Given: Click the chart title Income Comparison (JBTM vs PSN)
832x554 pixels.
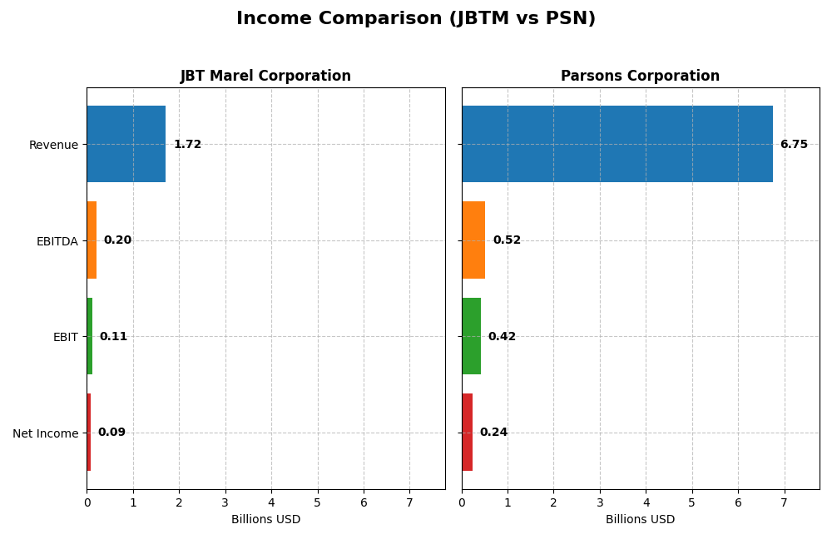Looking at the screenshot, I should [x=416, y=18].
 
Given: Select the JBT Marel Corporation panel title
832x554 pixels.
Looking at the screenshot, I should [x=265, y=76].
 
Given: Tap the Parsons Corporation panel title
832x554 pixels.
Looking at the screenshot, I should [x=640, y=76].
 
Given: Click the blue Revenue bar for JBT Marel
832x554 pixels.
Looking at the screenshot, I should [x=126, y=144].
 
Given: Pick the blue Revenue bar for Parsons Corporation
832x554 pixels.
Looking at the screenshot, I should [x=617, y=144].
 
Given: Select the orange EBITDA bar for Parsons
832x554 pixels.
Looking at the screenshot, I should [x=473, y=240].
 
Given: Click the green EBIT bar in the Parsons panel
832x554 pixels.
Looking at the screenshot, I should [x=471, y=336].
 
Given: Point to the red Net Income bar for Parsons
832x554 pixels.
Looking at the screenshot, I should [x=467, y=432].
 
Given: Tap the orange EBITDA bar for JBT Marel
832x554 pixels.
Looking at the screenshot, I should [x=92, y=240].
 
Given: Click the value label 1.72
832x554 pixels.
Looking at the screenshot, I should [x=187, y=145].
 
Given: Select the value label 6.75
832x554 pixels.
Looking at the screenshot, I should [x=794, y=145].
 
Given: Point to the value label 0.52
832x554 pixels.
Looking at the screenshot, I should [x=507, y=240].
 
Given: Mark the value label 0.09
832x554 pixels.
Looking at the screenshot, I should [x=111, y=433].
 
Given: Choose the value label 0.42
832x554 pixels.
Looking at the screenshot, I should [x=502, y=337].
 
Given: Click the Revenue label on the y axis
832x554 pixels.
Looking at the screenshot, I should [x=53, y=145].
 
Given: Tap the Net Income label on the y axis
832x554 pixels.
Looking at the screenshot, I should [x=45, y=433].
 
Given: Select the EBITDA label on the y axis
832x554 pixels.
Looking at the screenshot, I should [x=57, y=241].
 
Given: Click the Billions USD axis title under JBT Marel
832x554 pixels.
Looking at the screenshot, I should [x=265, y=520].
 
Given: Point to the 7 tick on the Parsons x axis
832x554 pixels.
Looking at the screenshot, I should [x=784, y=502].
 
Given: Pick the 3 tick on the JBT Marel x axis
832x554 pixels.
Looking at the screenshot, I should [x=225, y=502].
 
